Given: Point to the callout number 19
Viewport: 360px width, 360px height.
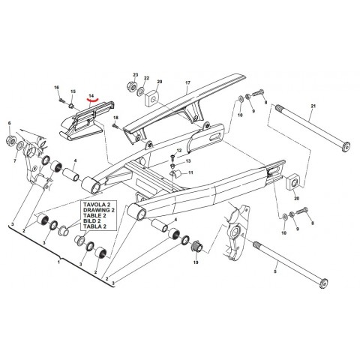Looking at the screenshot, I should pyautogui.click(x=195, y=263).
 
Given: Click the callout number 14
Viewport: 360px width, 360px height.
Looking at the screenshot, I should pyautogui.click(x=92, y=95).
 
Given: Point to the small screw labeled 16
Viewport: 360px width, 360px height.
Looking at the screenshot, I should pyautogui.click(x=57, y=97).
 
